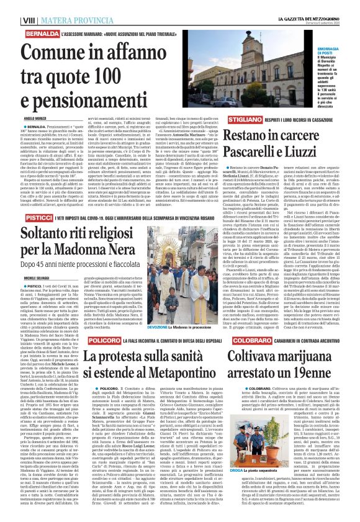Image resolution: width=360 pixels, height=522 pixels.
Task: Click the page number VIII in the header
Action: (x=11, y=5)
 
